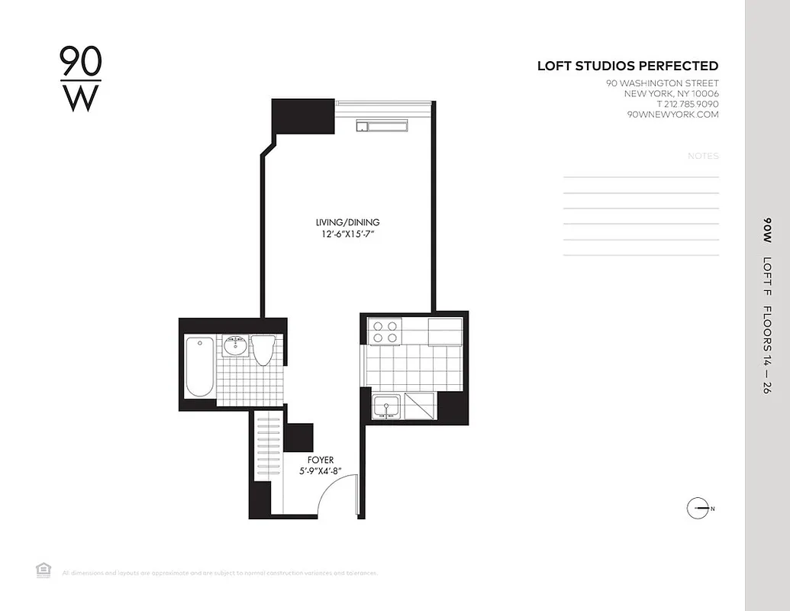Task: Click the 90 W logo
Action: coord(80,79)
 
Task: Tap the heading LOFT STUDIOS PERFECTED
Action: coord(627,66)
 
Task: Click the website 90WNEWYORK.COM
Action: coord(672,115)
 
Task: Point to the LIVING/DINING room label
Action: coord(347,222)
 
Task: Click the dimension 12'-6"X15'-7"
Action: coord(347,234)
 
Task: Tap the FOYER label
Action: coord(321,460)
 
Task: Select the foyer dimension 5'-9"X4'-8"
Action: coord(321,471)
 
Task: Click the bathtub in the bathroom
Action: coord(200,367)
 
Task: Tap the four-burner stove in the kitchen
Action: coord(384,331)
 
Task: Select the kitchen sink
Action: coord(387,407)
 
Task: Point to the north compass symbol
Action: coord(698,508)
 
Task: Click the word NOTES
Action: coord(703,156)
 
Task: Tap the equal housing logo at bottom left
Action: coord(44,569)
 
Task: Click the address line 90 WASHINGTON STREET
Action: coord(662,83)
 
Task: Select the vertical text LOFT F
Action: coord(767,273)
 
